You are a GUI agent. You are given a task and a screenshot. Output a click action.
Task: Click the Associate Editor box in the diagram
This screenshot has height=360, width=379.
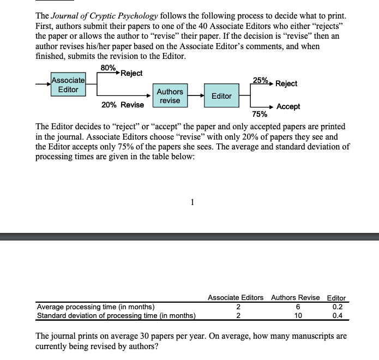pos(68,85)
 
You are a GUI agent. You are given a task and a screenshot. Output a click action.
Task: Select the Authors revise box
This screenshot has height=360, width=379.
pos(170,96)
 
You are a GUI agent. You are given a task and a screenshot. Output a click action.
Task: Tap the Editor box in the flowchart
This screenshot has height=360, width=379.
pos(221,96)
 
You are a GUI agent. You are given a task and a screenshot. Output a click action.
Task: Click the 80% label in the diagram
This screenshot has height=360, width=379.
pos(108,68)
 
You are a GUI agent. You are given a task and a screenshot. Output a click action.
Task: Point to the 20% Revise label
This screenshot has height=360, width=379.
pos(123,105)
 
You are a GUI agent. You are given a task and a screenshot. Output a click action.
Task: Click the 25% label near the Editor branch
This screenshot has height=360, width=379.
pos(260,80)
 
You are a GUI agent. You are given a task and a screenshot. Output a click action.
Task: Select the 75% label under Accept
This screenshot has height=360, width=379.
pos(259,115)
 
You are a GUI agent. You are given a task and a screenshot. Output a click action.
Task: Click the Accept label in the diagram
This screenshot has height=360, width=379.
pos(288,107)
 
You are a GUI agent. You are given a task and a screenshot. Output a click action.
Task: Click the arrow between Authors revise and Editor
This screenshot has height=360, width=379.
pos(196,96)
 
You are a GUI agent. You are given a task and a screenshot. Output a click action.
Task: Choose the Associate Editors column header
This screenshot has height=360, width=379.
pos(236,297)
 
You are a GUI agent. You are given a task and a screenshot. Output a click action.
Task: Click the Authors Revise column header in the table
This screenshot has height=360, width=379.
pos(295,297)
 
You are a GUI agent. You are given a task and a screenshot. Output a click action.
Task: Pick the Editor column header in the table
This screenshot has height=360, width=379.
pos(336,298)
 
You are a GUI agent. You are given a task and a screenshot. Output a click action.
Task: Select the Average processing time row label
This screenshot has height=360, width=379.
pos(95,307)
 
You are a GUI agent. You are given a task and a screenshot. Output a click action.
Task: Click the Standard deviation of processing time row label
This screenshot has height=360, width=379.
pos(117,315)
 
